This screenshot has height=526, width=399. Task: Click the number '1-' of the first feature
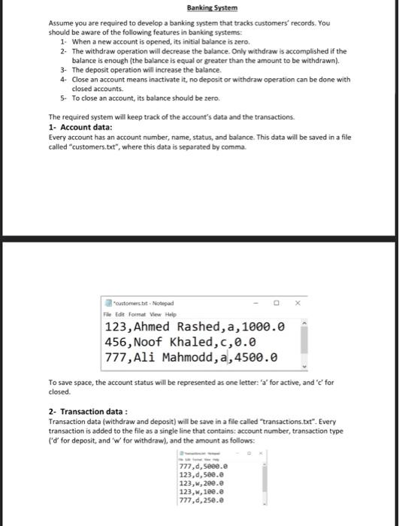point(63,42)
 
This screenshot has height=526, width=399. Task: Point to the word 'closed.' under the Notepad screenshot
point(61,391)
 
